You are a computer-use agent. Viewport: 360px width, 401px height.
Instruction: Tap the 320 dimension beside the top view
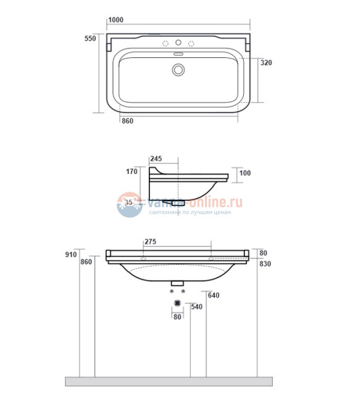coord(266,63)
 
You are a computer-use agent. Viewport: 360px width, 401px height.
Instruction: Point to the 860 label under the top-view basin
coord(127,121)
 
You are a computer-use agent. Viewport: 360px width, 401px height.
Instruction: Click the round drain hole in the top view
coord(178,70)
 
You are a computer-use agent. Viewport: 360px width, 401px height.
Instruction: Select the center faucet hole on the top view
coord(178,43)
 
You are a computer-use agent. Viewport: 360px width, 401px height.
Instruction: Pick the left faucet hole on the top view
coord(165,43)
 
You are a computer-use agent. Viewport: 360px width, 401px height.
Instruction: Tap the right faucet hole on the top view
coord(191,43)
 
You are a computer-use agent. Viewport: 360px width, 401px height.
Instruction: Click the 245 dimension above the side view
coord(155,158)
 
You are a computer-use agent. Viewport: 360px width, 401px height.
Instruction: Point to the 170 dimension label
coord(132,172)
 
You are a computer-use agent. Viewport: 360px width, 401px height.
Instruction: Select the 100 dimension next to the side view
coord(245,173)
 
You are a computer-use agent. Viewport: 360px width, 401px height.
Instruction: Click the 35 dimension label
coord(130,202)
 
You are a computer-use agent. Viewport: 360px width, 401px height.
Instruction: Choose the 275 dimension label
coord(150,242)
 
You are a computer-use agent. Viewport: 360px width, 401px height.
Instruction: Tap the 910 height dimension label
coord(70,254)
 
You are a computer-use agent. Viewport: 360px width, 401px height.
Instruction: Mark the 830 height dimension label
coord(266,264)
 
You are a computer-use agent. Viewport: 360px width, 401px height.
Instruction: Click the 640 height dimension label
coord(214,295)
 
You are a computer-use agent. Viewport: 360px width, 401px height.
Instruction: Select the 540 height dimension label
coord(197,307)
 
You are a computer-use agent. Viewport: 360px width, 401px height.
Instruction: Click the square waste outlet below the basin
coord(178,303)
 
